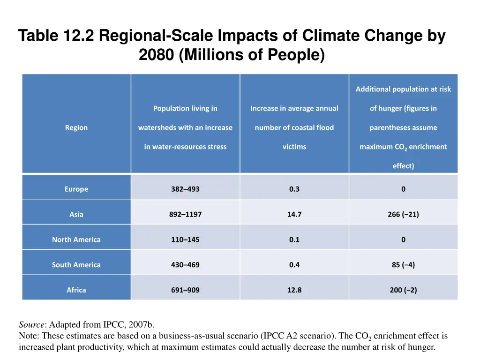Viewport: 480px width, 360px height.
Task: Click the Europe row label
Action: click(76, 189)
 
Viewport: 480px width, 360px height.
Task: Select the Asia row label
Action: click(76, 215)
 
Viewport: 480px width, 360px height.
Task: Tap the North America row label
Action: click(76, 240)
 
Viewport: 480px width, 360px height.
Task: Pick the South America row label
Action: click(76, 265)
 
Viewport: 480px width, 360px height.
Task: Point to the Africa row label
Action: click(76, 290)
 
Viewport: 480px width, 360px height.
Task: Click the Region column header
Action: click(76, 127)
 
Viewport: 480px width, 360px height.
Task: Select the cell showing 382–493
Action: click(185, 189)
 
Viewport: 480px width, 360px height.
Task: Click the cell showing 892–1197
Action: click(185, 215)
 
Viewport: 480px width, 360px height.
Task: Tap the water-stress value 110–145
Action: click(185, 240)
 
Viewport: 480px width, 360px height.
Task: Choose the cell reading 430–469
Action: click(185, 265)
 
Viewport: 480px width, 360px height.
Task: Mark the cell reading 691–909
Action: click(185, 290)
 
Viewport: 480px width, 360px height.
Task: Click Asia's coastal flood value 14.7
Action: click(294, 215)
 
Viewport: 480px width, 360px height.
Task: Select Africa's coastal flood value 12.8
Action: click(294, 290)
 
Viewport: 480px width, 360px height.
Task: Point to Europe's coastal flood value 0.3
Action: click(294, 189)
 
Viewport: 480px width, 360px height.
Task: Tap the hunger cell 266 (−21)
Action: click(403, 215)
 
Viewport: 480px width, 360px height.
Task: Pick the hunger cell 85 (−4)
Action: click(403, 265)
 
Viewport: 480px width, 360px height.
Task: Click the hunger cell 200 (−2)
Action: click(403, 290)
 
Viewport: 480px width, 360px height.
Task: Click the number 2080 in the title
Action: click(157, 55)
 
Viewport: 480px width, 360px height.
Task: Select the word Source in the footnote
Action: click(32, 324)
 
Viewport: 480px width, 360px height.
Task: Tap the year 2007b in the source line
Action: click(140, 324)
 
